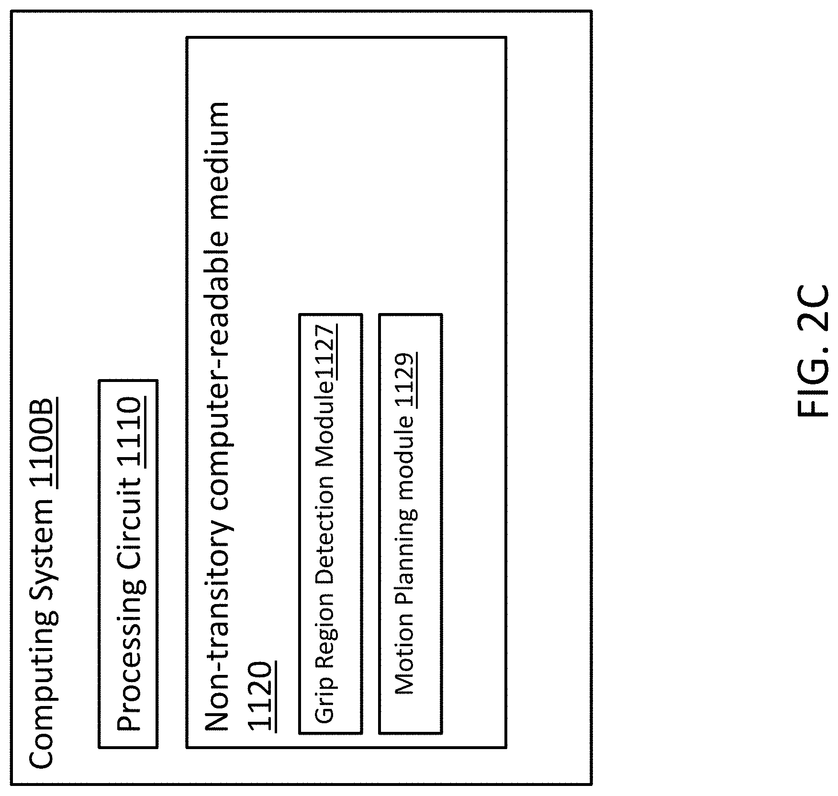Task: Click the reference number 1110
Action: pos(130,432)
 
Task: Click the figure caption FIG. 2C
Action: pos(814,352)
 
